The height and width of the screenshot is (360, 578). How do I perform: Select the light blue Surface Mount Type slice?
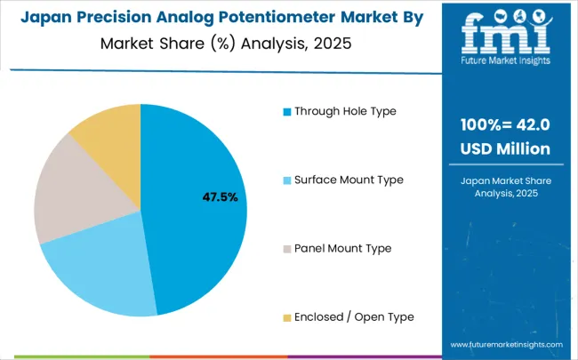click(98, 276)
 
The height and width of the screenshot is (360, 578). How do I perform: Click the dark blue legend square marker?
click(286, 112)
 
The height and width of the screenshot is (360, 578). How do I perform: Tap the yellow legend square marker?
click(286, 317)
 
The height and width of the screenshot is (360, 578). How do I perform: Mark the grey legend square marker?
click(286, 249)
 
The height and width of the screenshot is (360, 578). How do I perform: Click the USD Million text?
click(504, 148)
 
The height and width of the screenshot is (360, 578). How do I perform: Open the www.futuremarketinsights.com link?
click(506, 344)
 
